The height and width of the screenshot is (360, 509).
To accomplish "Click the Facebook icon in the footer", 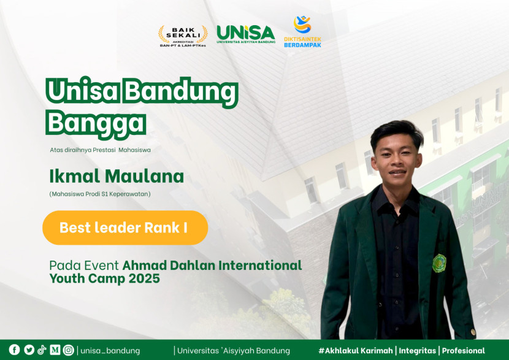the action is pyautogui.click(x=14, y=350).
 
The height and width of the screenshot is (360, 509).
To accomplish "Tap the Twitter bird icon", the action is pyautogui.click(x=29, y=350).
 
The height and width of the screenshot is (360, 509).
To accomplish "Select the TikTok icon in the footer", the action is pyautogui.click(x=42, y=350).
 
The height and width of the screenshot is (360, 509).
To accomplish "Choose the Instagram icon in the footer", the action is pyautogui.click(x=69, y=350).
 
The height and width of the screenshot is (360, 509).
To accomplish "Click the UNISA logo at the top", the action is pyautogui.click(x=246, y=34).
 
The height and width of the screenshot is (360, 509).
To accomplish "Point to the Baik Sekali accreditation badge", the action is pyautogui.click(x=183, y=36).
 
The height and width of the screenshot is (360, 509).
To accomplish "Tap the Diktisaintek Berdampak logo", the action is pyautogui.click(x=302, y=31).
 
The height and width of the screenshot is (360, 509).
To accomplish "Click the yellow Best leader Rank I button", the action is pyautogui.click(x=125, y=228).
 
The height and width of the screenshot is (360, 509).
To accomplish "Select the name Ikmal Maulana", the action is pyautogui.click(x=117, y=176).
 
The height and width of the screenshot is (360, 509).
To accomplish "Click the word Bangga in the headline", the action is pyautogui.click(x=96, y=123).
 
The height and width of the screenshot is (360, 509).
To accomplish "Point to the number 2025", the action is pyautogui.click(x=144, y=278).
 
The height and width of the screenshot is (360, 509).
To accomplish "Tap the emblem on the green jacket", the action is pyautogui.click(x=439, y=263).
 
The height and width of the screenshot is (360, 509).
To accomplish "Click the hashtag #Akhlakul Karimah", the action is pyautogui.click(x=356, y=351).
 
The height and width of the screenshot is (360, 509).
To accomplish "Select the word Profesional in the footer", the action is pyautogui.click(x=463, y=351).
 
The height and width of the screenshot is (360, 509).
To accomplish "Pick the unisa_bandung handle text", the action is pyautogui.click(x=110, y=351).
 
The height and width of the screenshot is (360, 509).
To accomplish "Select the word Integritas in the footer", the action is pyautogui.click(x=417, y=351).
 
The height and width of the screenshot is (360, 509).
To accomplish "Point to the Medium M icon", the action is pyautogui.click(x=55, y=350).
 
